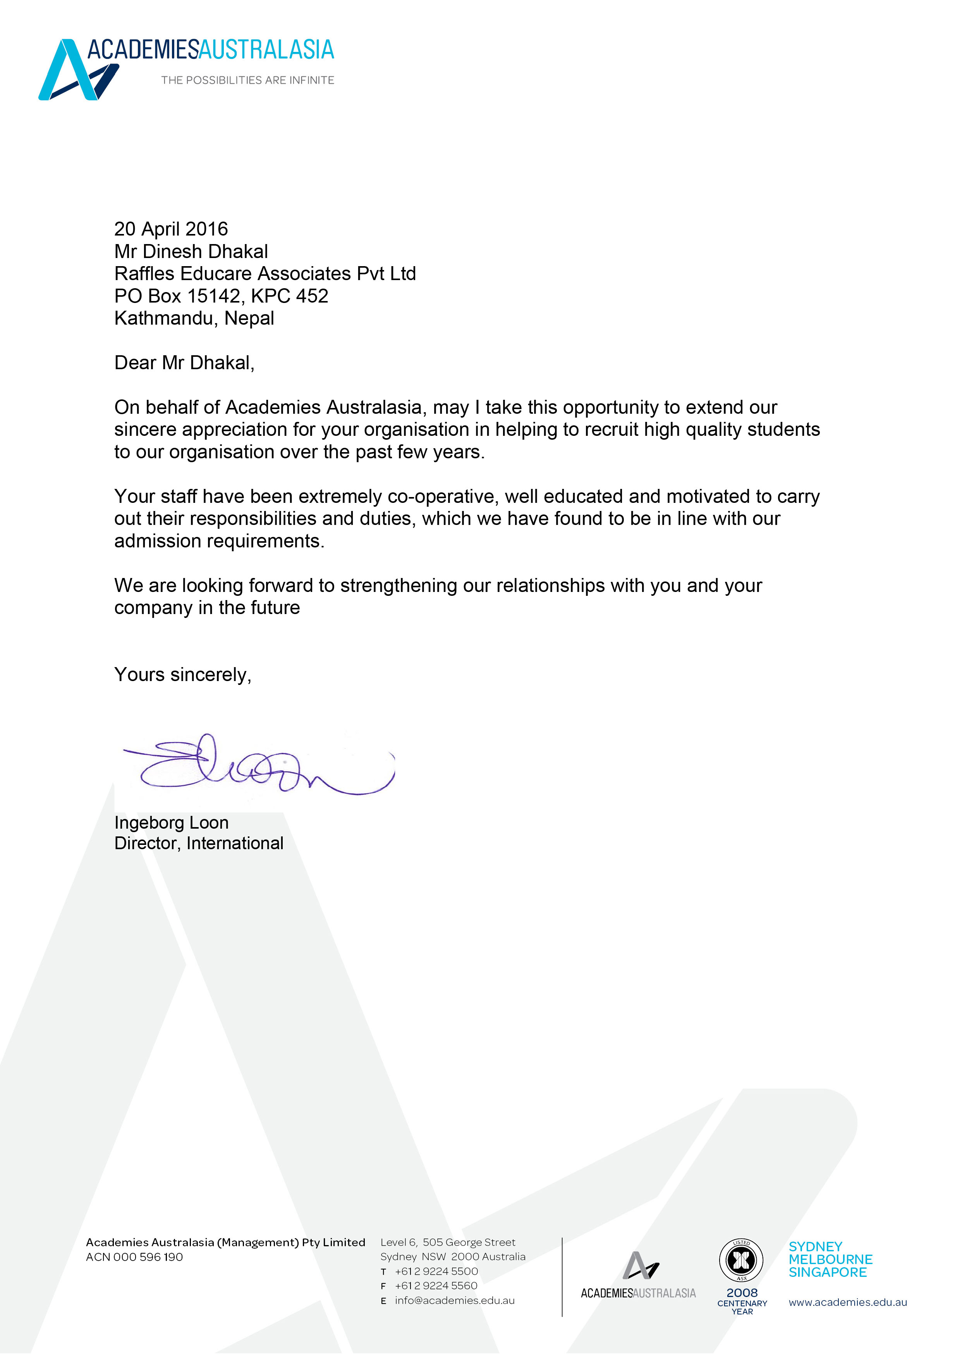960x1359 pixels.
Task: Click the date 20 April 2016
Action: (171, 229)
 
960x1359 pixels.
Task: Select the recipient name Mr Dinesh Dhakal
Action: (191, 251)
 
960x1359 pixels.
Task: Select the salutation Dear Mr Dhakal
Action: (184, 363)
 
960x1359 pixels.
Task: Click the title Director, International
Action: (199, 843)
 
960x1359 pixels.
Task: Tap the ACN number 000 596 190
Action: (148, 1257)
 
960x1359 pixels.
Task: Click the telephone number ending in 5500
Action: (436, 1271)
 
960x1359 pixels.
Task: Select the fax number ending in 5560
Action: (436, 1286)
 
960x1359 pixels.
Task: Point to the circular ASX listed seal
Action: (741, 1260)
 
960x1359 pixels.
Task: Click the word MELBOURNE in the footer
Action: (830, 1259)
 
